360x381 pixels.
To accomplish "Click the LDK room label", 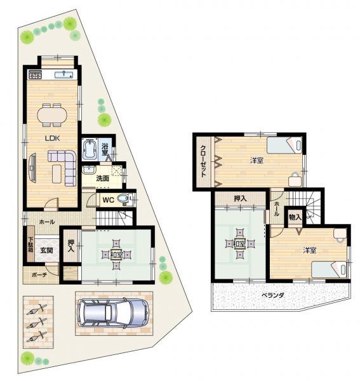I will tap(51, 137).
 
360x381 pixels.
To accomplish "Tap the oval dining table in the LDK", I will tap(51, 114).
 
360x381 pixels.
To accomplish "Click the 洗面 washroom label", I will tap(102, 178).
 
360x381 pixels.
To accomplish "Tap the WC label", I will tap(109, 200).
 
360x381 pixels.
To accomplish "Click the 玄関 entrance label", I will tap(46, 250).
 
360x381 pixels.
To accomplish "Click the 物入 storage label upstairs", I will tap(295, 217).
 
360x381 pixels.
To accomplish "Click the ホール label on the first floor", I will tap(46, 222).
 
